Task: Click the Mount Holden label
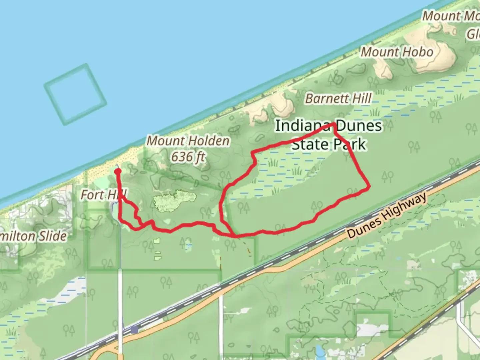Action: [188, 141]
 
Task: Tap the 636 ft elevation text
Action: [188, 156]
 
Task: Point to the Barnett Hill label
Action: [338, 99]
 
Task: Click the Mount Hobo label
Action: [397, 52]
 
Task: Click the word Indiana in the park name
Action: [303, 126]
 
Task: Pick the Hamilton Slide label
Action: [33, 236]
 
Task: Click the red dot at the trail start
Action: [118, 171]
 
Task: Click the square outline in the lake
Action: [75, 94]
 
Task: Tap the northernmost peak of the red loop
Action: [334, 124]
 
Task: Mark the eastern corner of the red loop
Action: [369, 188]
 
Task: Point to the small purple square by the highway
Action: [134, 330]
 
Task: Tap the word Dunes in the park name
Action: [359, 126]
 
